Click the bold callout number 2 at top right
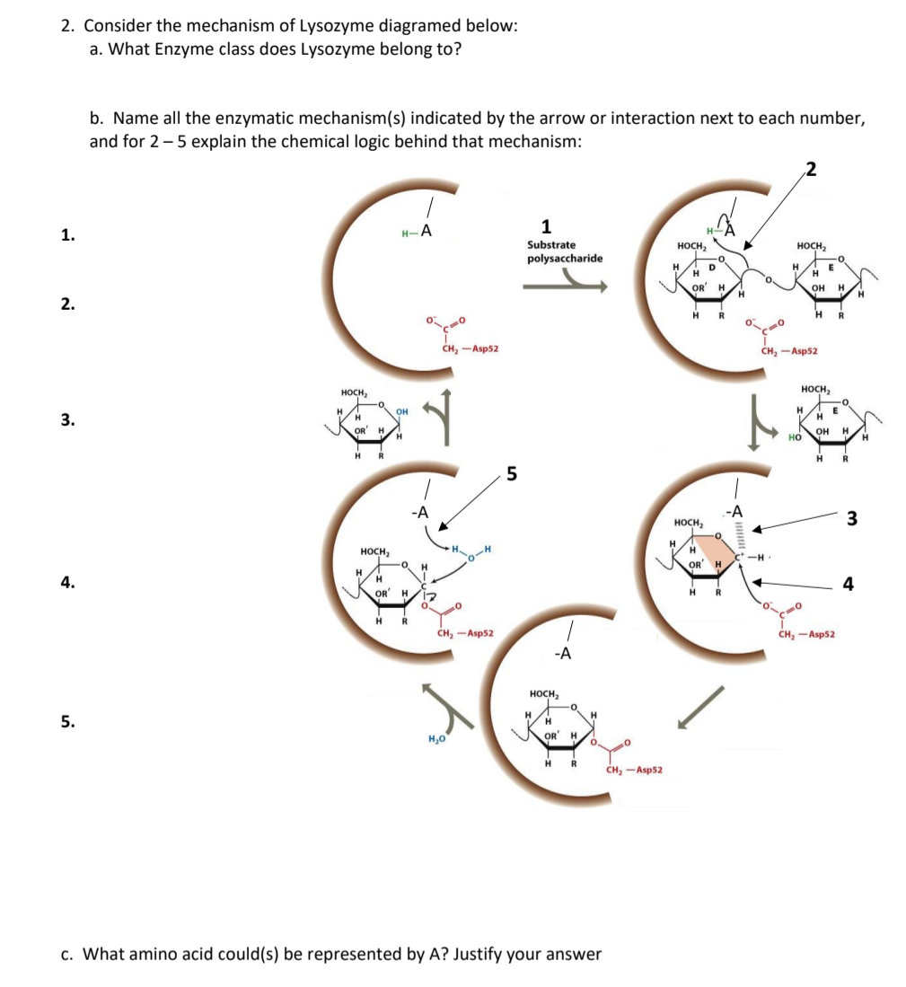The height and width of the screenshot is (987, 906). [x=811, y=166]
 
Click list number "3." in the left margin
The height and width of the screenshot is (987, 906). [x=67, y=420]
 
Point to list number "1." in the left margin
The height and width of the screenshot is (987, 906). [x=67, y=236]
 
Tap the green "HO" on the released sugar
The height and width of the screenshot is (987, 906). [x=794, y=437]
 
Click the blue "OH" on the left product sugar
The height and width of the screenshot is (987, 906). [x=402, y=412]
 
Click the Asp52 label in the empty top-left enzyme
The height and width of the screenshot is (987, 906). [x=471, y=349]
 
